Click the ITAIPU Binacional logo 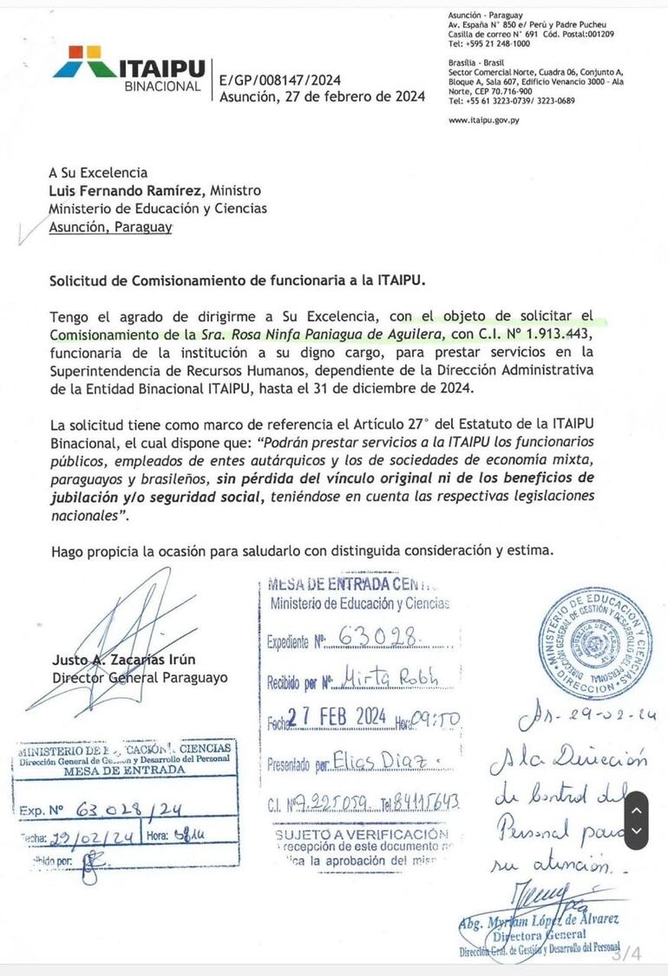[x=129, y=68]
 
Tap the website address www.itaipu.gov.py [x=484, y=120]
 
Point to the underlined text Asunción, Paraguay [x=110, y=226]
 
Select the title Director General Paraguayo [x=140, y=678]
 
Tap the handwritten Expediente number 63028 [x=378, y=638]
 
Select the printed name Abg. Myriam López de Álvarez [x=542, y=921]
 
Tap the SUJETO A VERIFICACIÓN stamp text [x=362, y=834]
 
